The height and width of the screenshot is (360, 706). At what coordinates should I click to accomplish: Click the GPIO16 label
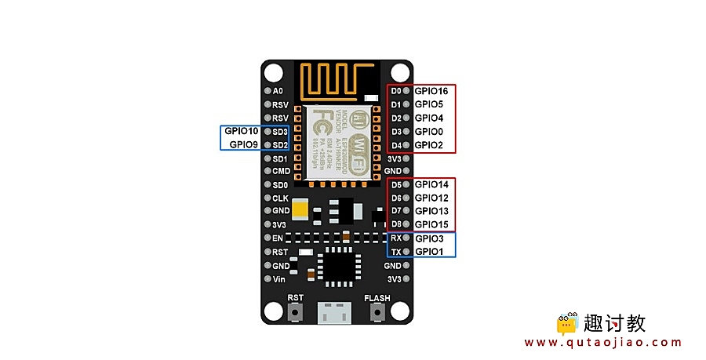coord(431,91)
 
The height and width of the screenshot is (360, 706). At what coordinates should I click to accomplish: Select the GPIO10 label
coord(241,131)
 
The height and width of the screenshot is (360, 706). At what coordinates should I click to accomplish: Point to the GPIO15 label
coord(431,224)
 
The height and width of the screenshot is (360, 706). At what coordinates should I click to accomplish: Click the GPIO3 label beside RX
coord(429,238)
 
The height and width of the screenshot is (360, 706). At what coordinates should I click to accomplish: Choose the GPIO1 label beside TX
coord(429,251)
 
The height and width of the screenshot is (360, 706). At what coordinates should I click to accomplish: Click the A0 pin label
coord(278,91)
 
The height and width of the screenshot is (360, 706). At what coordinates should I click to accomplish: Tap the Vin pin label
coord(279,278)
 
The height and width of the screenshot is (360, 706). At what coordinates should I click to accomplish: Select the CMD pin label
coord(281,171)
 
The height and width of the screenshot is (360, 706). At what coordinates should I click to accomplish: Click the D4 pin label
coord(396,145)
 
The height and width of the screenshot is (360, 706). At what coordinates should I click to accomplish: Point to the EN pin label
coord(278,238)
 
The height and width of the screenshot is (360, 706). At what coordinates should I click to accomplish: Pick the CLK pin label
coord(280,198)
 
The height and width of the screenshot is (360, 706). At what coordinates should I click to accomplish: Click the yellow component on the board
coord(302,209)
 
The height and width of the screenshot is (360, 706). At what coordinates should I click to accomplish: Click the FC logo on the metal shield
coord(322,122)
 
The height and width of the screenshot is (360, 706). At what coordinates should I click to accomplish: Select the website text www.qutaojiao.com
coord(602,343)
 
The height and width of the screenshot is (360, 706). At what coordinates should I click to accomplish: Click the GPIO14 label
coord(431,184)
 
